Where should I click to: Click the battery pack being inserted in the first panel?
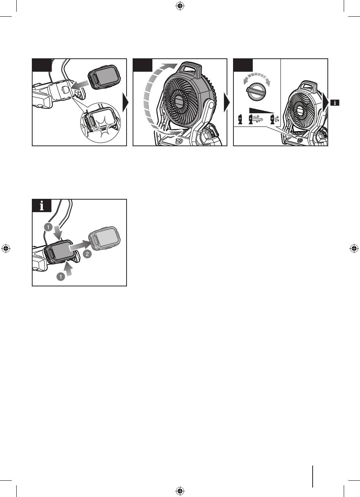[x=105, y=77]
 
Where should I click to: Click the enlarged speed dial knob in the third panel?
[x=257, y=91]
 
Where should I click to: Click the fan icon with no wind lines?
[x=240, y=119]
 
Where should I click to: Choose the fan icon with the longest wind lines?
[x=255, y=119]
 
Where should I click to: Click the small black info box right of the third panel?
[x=335, y=103]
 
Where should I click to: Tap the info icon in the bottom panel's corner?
[x=42, y=205]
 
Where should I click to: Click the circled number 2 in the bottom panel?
[x=87, y=254]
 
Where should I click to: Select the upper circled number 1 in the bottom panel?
[x=48, y=227]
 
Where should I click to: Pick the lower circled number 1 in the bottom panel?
[x=61, y=277]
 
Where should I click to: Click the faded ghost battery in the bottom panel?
[x=105, y=237]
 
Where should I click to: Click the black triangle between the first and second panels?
[x=126, y=102]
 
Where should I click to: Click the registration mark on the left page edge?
[x=6, y=248]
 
